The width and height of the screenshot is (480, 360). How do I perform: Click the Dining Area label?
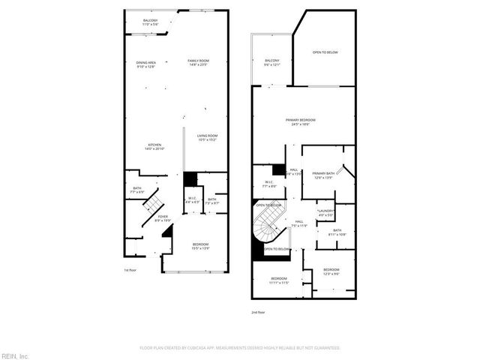[x=145, y=64]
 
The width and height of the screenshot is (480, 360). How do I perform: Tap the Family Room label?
[x=198, y=62]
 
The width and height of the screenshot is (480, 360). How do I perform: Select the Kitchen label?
[x=154, y=146]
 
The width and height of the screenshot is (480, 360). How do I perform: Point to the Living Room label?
[x=208, y=137]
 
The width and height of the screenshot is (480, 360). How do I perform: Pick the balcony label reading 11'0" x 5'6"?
[x=151, y=23]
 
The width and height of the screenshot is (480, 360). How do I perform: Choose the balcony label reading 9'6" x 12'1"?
[x=271, y=62]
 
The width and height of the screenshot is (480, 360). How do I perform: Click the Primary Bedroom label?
[x=300, y=122]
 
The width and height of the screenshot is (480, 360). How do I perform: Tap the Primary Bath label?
[x=323, y=175]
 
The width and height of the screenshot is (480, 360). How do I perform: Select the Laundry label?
[x=325, y=213]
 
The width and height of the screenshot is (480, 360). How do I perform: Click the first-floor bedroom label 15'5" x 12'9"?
[x=200, y=246]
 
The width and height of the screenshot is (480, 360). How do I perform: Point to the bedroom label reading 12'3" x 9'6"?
[x=331, y=271]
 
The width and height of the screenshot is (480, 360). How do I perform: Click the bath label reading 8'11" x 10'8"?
[x=337, y=232]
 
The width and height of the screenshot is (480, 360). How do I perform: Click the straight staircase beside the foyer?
[x=153, y=203]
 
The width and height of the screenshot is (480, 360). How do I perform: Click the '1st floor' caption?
[x=130, y=270]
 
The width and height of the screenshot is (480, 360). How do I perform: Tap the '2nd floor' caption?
[x=258, y=311]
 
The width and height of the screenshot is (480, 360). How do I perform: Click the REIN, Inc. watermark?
[x=15, y=355]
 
